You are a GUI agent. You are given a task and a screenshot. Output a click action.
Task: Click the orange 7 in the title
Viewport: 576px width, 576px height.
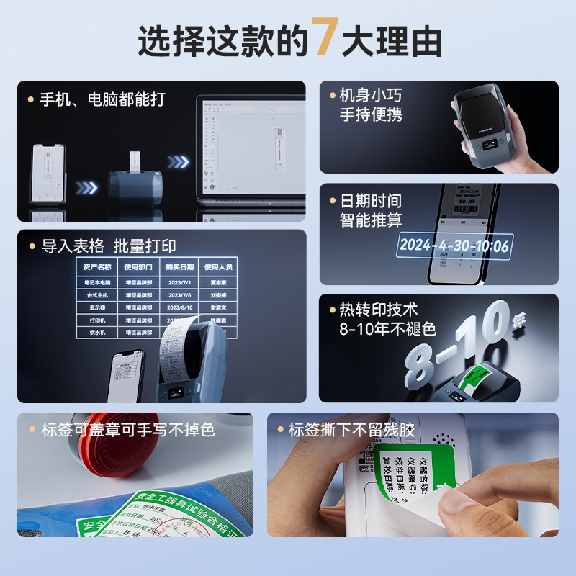click(323, 41)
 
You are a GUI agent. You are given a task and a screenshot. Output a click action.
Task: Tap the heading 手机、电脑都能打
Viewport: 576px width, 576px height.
click(102, 99)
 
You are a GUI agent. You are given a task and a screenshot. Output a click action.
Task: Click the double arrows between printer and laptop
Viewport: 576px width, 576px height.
click(178, 162)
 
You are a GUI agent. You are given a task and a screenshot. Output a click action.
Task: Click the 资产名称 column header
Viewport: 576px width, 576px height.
click(97, 267)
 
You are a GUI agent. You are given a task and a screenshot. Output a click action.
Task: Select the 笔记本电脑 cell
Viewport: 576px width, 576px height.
click(97, 284)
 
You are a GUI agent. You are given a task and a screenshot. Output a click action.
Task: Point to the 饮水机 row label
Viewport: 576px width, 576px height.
click(97, 332)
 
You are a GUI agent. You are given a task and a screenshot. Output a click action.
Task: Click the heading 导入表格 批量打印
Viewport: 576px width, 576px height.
click(108, 246)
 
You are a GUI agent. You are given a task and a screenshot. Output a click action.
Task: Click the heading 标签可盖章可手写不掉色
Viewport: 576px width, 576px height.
click(127, 431)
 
